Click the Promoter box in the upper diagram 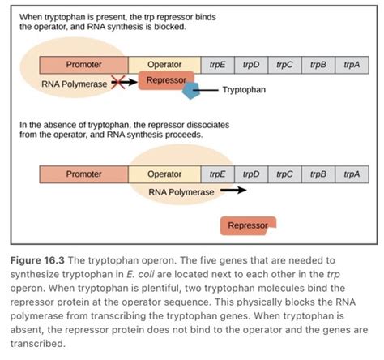(83, 65)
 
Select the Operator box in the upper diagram (164, 65)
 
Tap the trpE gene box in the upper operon (217, 65)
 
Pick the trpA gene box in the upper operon (352, 65)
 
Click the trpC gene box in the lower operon (284, 174)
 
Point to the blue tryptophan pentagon (191, 91)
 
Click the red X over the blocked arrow (118, 82)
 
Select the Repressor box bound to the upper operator (166, 80)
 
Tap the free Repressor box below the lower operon (248, 225)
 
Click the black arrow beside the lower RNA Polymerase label (233, 191)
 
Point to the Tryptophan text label (244, 90)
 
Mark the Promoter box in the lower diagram (83, 174)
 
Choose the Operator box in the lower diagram (164, 174)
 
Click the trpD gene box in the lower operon (251, 174)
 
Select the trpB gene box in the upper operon (318, 65)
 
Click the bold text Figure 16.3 (37, 260)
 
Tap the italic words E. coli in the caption (140, 274)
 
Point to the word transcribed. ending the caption (38, 344)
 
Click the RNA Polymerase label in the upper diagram (75, 84)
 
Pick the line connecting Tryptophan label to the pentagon (206, 90)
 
